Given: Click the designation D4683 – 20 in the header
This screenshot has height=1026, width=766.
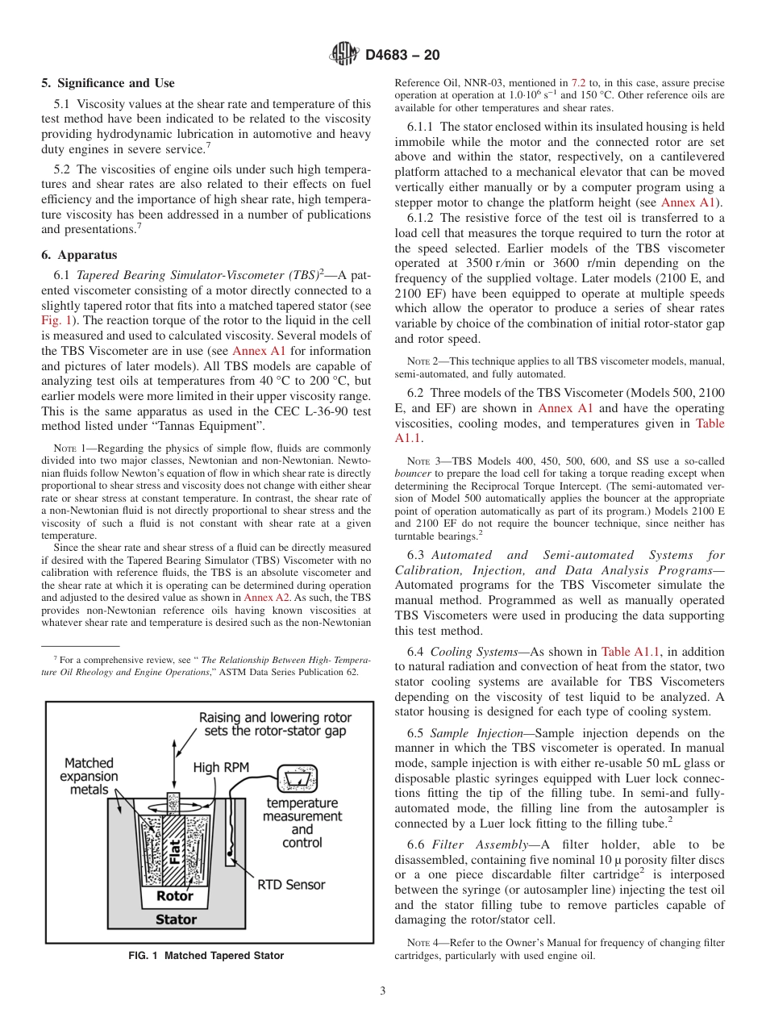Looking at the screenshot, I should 402,56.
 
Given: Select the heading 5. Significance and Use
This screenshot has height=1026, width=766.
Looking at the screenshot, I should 107,83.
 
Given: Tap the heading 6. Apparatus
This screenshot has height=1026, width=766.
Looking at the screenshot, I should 79,255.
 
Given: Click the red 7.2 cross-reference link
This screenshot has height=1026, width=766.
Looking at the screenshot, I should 579,83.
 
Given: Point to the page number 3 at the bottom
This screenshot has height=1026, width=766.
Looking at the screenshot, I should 382,991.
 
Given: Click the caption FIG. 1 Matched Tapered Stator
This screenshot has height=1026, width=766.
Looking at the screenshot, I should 206,956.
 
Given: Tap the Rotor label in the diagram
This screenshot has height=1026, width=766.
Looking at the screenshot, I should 174,895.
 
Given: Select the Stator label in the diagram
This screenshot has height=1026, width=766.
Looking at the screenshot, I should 176,919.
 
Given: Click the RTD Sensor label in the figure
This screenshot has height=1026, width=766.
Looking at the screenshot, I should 291,885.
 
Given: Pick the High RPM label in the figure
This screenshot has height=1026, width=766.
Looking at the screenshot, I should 217,769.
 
